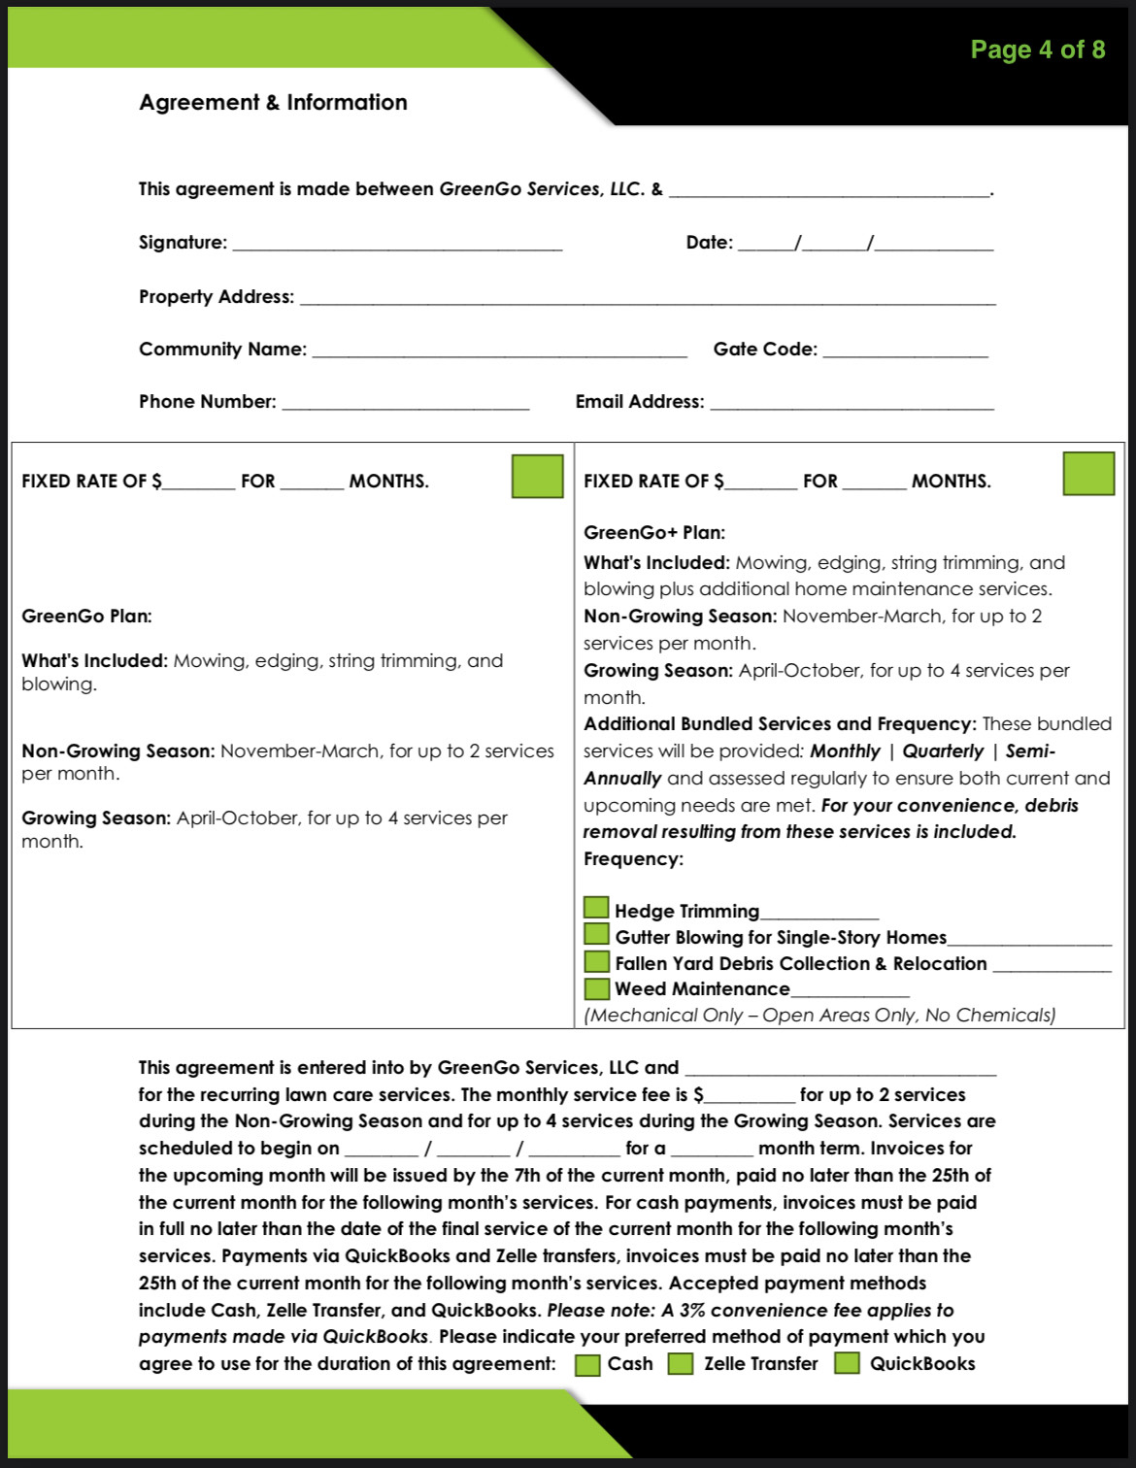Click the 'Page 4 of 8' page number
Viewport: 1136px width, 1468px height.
click(1037, 50)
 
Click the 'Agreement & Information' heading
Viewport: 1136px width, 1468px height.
click(273, 102)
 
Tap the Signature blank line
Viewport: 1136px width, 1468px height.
click(397, 245)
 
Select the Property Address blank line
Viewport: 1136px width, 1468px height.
click(648, 299)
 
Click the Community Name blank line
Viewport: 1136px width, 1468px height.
click(499, 351)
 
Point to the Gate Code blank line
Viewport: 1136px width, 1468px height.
click(905, 351)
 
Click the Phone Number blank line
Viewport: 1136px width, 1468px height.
click(405, 404)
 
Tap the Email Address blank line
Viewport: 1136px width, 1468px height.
click(852, 404)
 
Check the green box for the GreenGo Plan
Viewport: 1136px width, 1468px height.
click(537, 477)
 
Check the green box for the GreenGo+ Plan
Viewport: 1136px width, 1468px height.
click(1088, 474)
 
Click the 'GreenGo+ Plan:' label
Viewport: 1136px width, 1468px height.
click(654, 532)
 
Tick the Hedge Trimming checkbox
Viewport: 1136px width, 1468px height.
click(596, 908)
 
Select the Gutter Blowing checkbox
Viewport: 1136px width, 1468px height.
click(596, 934)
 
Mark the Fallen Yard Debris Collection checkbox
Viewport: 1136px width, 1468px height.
click(596, 961)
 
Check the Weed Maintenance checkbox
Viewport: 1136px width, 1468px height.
click(596, 988)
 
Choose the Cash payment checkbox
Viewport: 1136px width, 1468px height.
click(587, 1364)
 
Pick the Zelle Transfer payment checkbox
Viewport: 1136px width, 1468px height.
click(681, 1363)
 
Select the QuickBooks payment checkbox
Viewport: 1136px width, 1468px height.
click(847, 1362)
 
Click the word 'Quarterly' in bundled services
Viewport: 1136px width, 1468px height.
click(942, 751)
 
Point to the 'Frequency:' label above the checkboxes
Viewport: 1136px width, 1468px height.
click(633, 858)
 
